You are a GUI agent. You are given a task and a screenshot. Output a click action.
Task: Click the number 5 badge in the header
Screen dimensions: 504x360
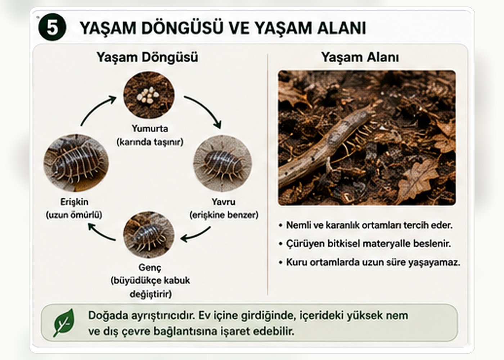[52, 27]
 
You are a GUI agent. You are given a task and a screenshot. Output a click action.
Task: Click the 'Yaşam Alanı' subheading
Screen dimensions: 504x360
[360, 57]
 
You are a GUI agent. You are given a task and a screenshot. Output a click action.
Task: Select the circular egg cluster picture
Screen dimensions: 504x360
[149, 95]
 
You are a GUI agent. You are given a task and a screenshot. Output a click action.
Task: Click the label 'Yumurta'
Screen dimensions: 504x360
[150, 129]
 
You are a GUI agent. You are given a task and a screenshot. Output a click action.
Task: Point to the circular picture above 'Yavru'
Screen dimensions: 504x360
[222, 163]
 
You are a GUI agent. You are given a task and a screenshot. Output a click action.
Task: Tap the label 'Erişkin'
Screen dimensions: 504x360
[74, 202]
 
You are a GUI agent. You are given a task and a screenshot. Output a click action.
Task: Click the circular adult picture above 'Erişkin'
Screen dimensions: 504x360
[76, 163]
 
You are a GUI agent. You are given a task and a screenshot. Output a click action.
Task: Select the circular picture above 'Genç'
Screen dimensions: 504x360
[149, 234]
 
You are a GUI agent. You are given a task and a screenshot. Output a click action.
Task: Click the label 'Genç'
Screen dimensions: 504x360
[150, 268]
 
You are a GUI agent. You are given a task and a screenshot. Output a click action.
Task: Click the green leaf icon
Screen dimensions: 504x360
[64, 323]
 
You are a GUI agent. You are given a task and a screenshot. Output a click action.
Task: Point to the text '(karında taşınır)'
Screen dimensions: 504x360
[150, 142]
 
